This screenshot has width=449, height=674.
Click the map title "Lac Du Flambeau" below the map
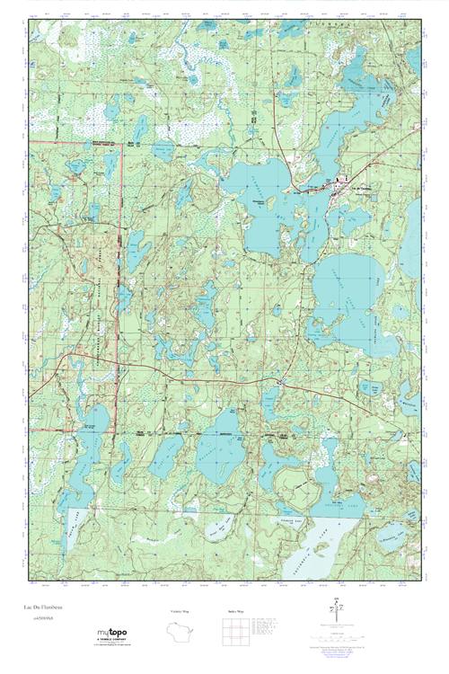[x=45, y=607]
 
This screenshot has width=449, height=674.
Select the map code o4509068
[x=41, y=617]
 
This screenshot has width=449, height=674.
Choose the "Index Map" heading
[x=233, y=610]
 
